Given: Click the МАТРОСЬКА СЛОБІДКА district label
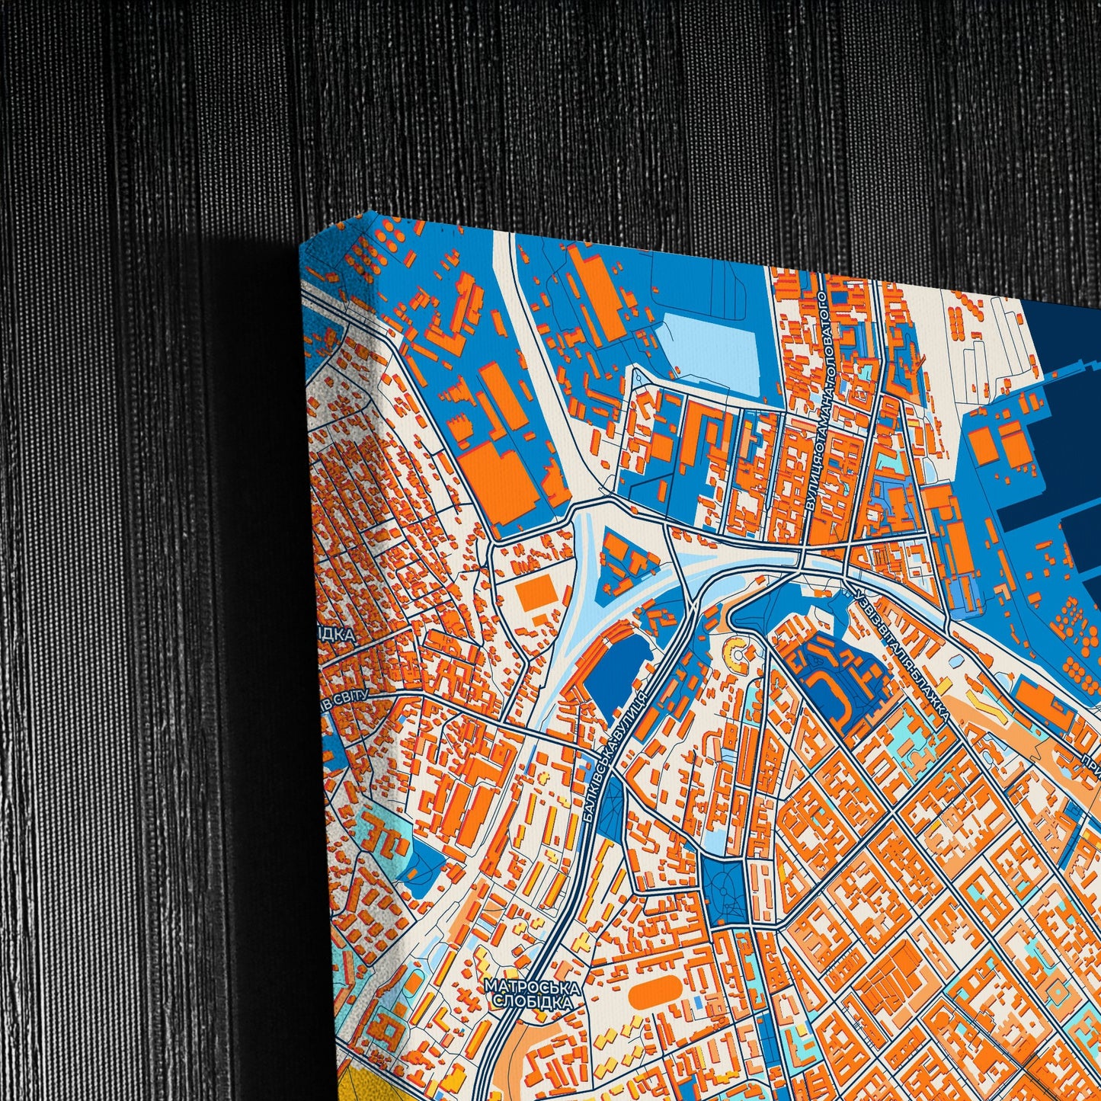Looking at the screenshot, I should [x=532, y=994].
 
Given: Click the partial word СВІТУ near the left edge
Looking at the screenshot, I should [x=347, y=699].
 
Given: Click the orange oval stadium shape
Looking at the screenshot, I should [x=655, y=994].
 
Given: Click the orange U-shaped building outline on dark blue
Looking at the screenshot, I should [x=831, y=686].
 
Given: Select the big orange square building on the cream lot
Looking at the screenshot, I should [x=537, y=594].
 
